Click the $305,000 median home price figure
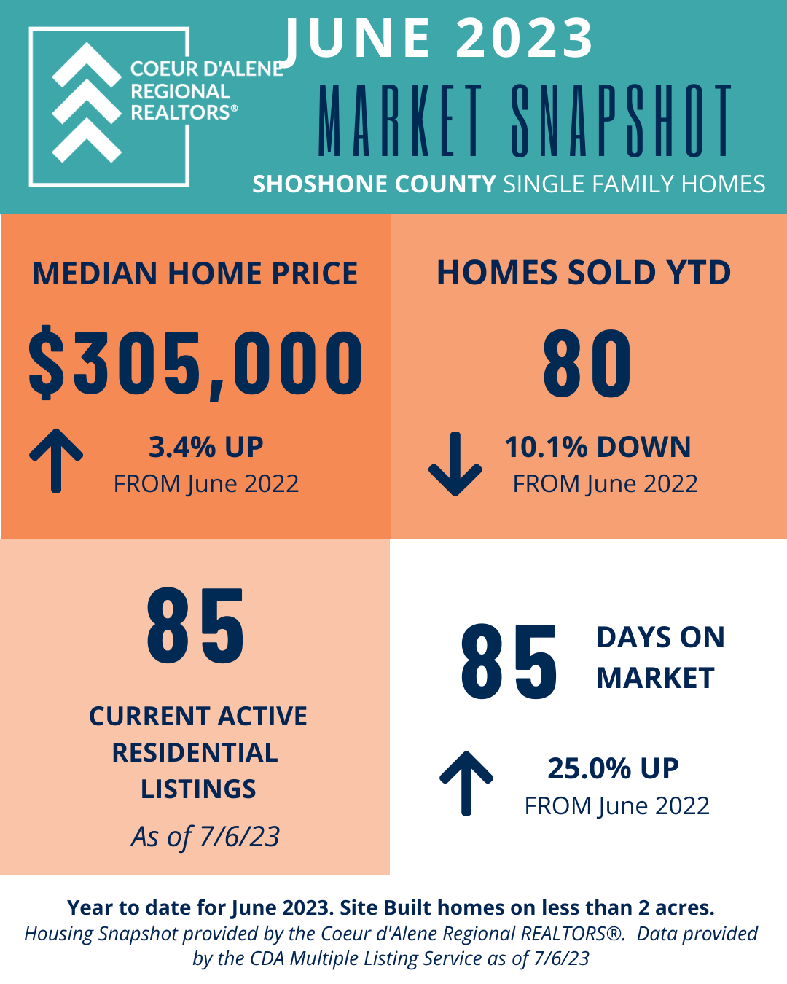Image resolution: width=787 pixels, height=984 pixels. [x=196, y=363]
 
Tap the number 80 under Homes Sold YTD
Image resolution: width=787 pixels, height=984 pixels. [x=587, y=364]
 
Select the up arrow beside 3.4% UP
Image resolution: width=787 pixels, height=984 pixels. [x=56, y=461]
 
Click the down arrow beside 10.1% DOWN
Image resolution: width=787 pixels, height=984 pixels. [x=455, y=464]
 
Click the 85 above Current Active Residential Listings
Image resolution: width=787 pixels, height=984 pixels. [x=196, y=626]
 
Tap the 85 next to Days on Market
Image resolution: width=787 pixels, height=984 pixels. [x=509, y=662]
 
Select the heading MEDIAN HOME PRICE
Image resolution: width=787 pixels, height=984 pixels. [x=195, y=273]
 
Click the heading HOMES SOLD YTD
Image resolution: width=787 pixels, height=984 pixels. [x=584, y=273]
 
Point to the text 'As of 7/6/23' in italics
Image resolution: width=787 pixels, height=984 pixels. [x=205, y=837]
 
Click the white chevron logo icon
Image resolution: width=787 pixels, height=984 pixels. [x=87, y=103]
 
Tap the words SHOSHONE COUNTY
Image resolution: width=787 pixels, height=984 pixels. [x=374, y=184]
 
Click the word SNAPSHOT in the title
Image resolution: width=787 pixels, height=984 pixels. [x=621, y=120]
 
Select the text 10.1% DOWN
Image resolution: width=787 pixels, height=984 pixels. [x=598, y=447]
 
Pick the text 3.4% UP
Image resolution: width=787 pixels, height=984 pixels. [x=205, y=447]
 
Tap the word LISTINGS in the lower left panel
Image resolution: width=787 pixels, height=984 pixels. [x=198, y=789]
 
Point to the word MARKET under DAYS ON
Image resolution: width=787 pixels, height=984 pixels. [x=655, y=678]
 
